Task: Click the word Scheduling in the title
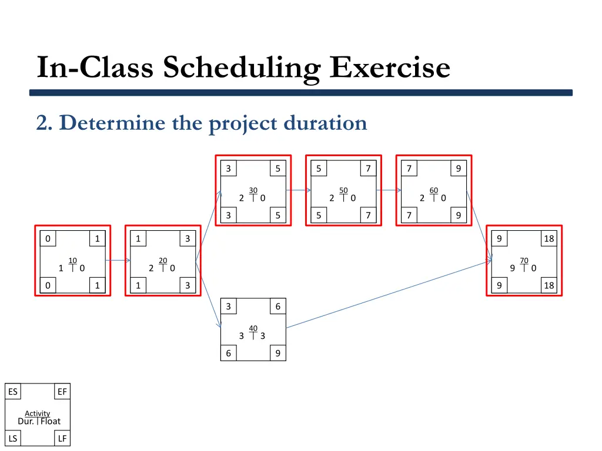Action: tap(242, 67)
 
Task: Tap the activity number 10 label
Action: tap(72, 260)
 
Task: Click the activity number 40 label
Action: tap(253, 328)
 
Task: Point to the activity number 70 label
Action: tap(524, 260)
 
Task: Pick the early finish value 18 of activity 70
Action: tap(549, 238)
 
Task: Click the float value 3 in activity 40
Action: tap(262, 336)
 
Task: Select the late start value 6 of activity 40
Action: tap(228, 354)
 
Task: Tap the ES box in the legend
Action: tap(12, 392)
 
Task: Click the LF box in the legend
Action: tap(62, 438)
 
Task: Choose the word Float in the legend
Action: tap(51, 421)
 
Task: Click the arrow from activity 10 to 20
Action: tap(118, 260)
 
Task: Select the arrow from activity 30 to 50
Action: tap(298, 190)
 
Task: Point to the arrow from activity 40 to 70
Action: tap(388, 294)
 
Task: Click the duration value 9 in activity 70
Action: tap(513, 268)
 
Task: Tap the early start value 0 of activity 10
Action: tap(48, 238)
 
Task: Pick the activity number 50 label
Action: tap(343, 190)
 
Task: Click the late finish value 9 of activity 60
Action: tap(458, 216)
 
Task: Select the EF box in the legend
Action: tap(62, 392)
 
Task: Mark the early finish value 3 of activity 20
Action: tap(188, 238)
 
